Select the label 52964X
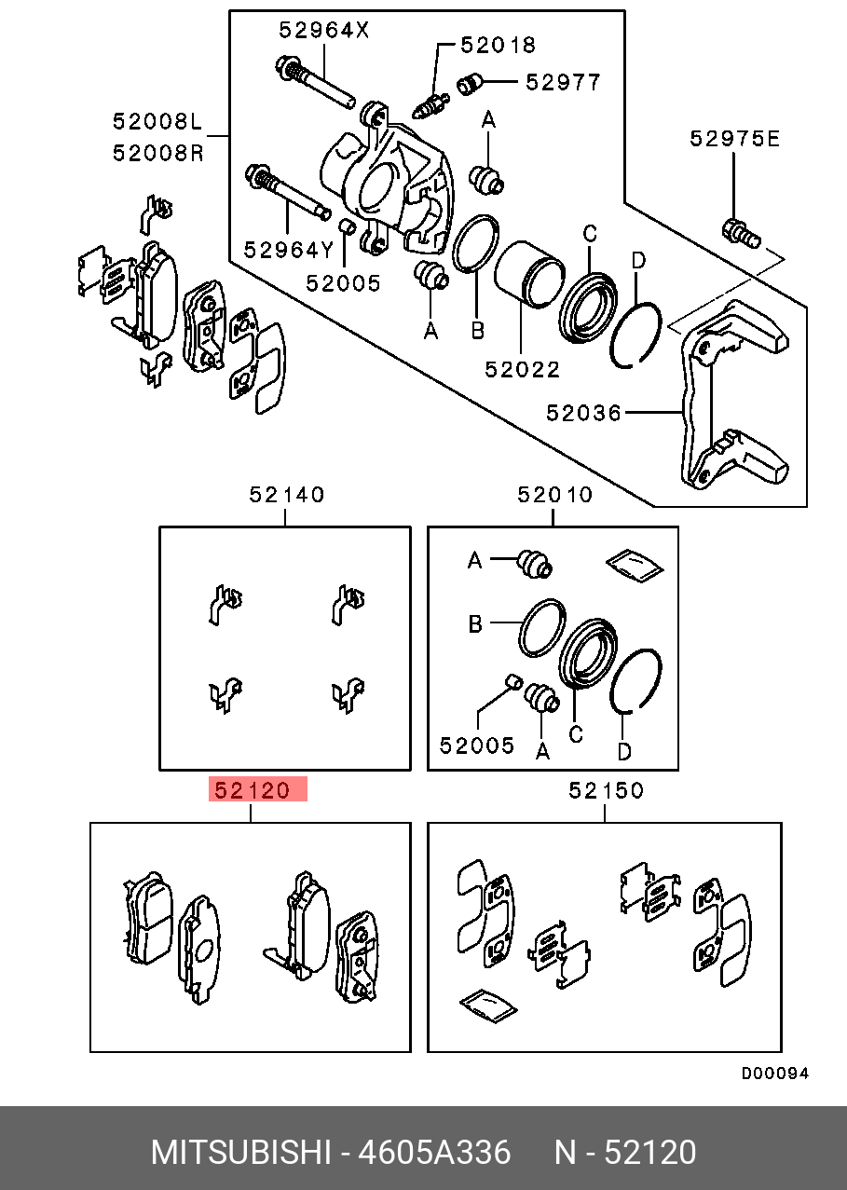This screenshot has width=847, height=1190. tap(323, 30)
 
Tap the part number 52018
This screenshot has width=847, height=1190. tap(499, 44)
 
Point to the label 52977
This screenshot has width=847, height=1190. tap(563, 82)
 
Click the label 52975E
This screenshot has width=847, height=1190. tap(734, 139)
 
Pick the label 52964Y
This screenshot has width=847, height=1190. tap(289, 250)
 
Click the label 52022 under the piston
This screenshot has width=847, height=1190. tap(522, 370)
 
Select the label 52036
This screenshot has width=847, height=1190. tap(583, 412)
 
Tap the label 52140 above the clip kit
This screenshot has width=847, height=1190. tap(287, 495)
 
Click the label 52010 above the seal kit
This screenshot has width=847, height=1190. tap(554, 495)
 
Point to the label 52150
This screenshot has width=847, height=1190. tap(606, 790)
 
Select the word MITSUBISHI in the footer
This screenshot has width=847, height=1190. tap(240, 1153)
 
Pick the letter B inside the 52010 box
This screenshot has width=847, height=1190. tap(475, 624)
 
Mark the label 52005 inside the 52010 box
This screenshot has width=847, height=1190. tap(477, 745)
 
